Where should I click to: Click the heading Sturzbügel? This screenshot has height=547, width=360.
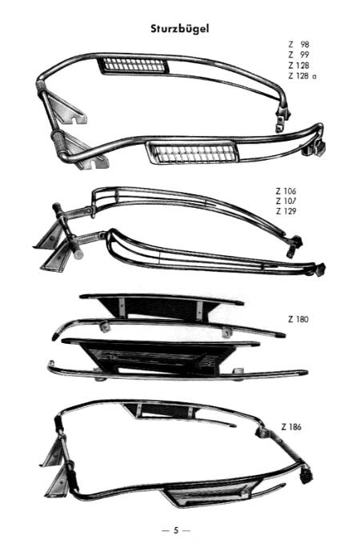[180, 29]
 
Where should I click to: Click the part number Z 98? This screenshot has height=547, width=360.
[298, 44]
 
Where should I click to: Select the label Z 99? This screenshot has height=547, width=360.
[298, 54]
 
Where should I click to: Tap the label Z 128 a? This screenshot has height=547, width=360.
[302, 76]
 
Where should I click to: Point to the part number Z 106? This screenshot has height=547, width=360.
[286, 191]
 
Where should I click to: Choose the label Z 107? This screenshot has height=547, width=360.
[286, 202]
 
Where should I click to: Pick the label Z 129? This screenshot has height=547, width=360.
[286, 211]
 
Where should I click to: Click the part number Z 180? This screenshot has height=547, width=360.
[298, 319]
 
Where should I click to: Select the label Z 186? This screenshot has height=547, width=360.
[291, 427]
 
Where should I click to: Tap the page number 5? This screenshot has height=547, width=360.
[176, 530]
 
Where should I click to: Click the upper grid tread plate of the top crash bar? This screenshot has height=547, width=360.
[134, 66]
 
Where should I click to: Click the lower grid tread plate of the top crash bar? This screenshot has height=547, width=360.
[193, 153]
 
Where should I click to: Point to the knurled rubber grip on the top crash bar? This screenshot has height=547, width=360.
[59, 141]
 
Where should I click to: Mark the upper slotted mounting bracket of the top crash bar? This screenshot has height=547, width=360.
[67, 107]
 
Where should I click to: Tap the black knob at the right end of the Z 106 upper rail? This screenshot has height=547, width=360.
[298, 241]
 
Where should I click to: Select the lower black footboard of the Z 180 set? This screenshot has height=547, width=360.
[161, 355]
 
